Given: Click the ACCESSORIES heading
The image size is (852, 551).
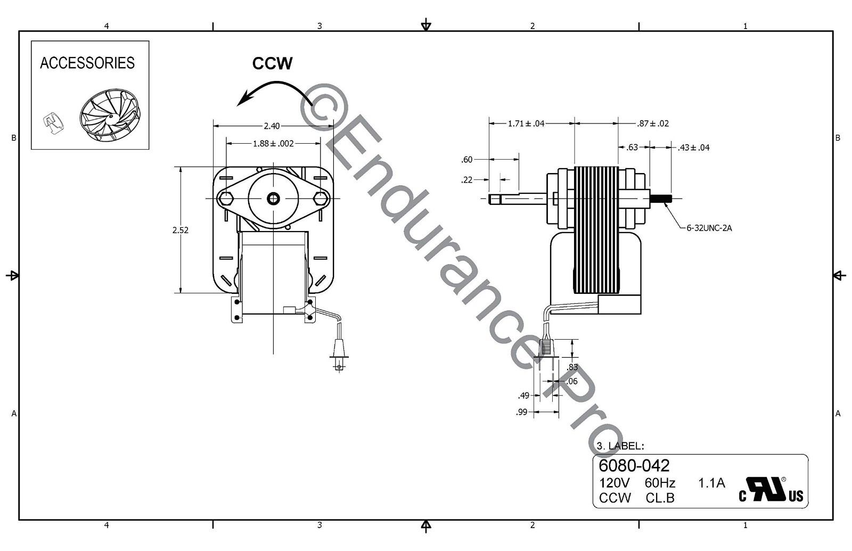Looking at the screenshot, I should [x=87, y=63].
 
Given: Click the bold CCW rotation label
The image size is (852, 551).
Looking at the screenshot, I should [x=272, y=63].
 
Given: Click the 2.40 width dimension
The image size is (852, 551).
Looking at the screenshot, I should [x=272, y=126].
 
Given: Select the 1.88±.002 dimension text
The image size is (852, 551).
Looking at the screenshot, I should [x=273, y=143].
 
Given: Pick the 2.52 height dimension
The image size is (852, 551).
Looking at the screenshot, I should [x=181, y=230].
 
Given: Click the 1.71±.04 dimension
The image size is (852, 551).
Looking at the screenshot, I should [x=526, y=124].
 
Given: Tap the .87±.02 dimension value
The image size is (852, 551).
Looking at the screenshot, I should [x=653, y=124].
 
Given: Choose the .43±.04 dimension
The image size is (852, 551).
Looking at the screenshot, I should [x=693, y=147].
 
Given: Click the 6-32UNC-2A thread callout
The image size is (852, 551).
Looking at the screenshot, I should [x=709, y=228].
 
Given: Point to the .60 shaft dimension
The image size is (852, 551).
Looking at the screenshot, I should [x=467, y=159].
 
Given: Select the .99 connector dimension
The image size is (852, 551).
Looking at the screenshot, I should [x=521, y=412].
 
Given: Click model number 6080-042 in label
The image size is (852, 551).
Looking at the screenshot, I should [x=634, y=465].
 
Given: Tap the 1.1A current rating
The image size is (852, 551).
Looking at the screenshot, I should [x=711, y=483].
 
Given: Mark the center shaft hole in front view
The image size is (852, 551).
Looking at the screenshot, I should [x=274, y=199].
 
